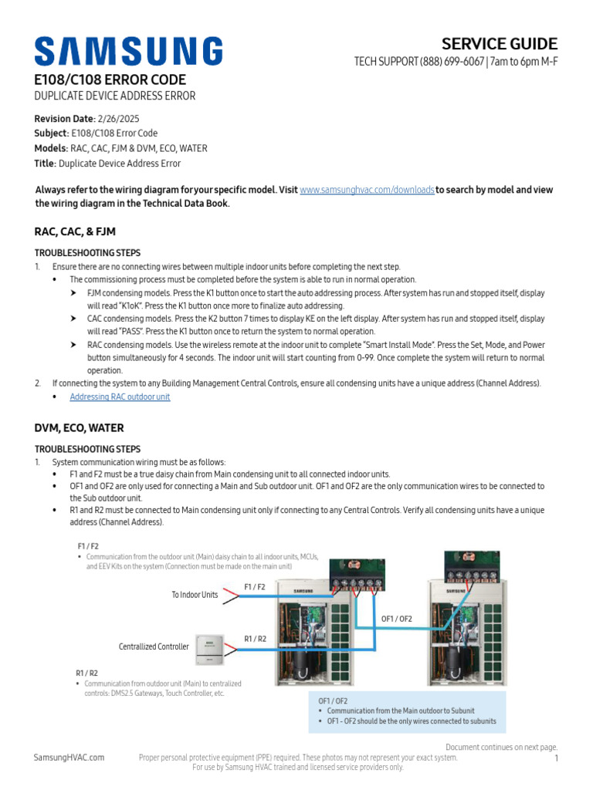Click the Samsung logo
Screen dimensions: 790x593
pos(128,51)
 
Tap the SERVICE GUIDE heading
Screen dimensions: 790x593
pos(500,44)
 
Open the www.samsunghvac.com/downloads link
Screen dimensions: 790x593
pos(367,190)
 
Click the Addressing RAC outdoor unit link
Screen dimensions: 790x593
pos(120,397)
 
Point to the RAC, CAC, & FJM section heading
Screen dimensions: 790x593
pos(75,231)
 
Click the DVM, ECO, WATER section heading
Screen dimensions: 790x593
pos(79,428)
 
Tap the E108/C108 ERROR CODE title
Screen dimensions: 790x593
pos(110,80)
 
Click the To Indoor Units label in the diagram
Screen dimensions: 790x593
pos(195,595)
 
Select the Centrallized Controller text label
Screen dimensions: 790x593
pos(154,647)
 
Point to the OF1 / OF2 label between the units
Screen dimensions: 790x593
pos(397,619)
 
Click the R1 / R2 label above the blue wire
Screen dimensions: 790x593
pos(255,639)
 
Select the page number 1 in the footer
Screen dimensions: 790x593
pos(556,759)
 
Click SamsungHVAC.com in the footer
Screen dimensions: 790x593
pos(69,758)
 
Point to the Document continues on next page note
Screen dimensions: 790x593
pos(501,748)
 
